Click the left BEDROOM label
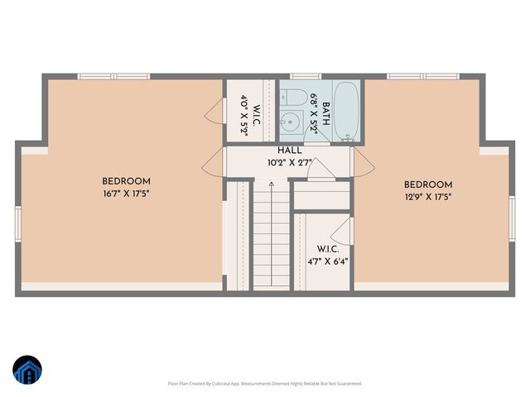point(126,181)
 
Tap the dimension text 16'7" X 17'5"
point(126,194)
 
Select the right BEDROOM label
point(428,184)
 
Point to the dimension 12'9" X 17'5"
point(428,197)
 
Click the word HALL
point(290,151)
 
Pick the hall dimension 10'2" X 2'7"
point(290,163)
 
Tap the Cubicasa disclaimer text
point(265,384)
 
